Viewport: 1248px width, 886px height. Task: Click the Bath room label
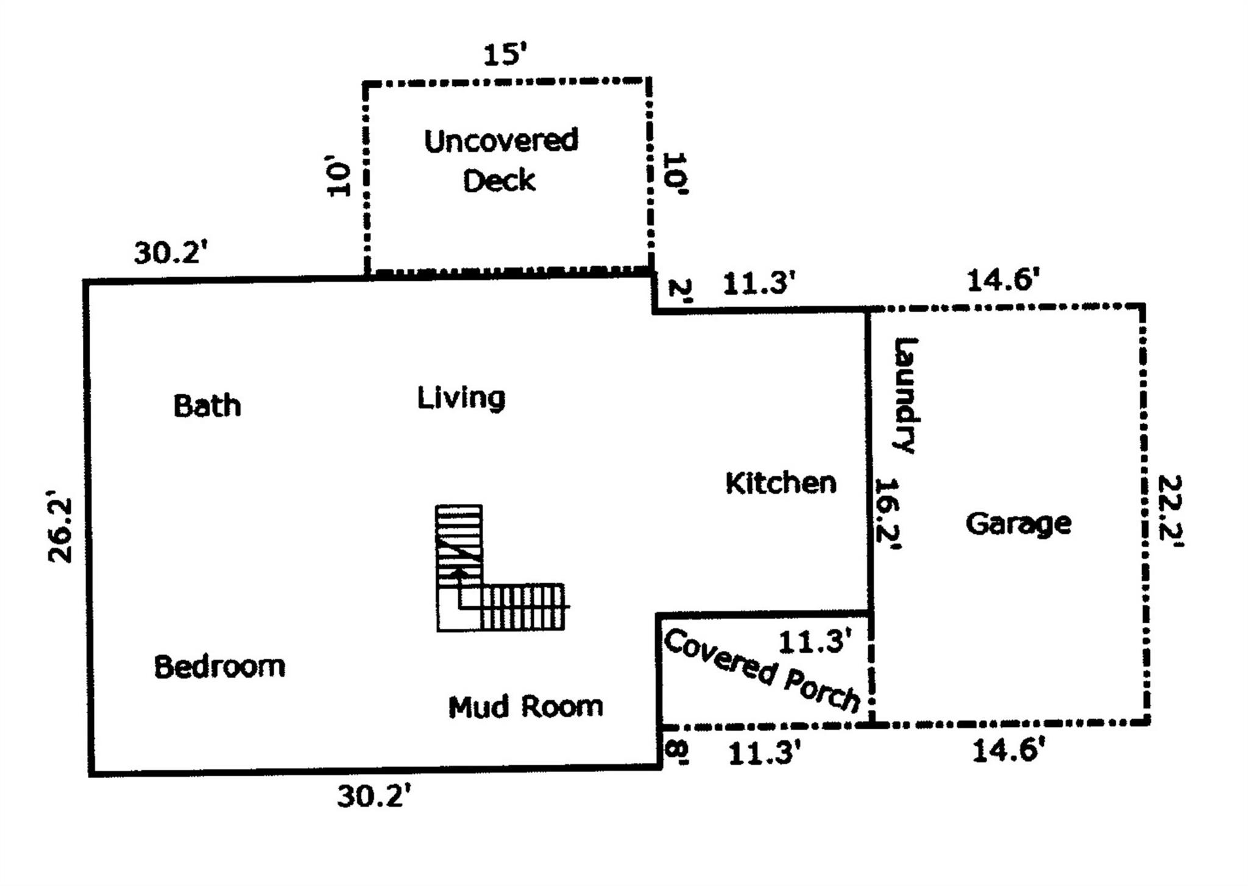tap(207, 406)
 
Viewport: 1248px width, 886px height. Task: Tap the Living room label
tap(461, 398)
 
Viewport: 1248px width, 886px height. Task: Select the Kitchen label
tap(781, 483)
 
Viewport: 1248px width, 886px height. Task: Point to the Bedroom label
tap(219, 667)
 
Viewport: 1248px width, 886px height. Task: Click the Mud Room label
tap(525, 707)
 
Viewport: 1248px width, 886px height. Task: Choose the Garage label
tap(1018, 523)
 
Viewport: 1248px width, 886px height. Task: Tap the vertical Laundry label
tap(906, 395)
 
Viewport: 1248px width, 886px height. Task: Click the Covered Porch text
tap(762, 671)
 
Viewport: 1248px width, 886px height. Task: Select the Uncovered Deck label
tap(500, 160)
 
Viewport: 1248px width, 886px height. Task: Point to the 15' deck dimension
tap(504, 55)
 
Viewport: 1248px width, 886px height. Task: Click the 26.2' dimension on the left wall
tap(61, 530)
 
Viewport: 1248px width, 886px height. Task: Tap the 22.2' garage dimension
tap(1169, 511)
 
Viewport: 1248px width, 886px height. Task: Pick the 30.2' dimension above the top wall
tap(167, 252)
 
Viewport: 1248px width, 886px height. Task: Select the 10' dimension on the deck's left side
tap(339, 177)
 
